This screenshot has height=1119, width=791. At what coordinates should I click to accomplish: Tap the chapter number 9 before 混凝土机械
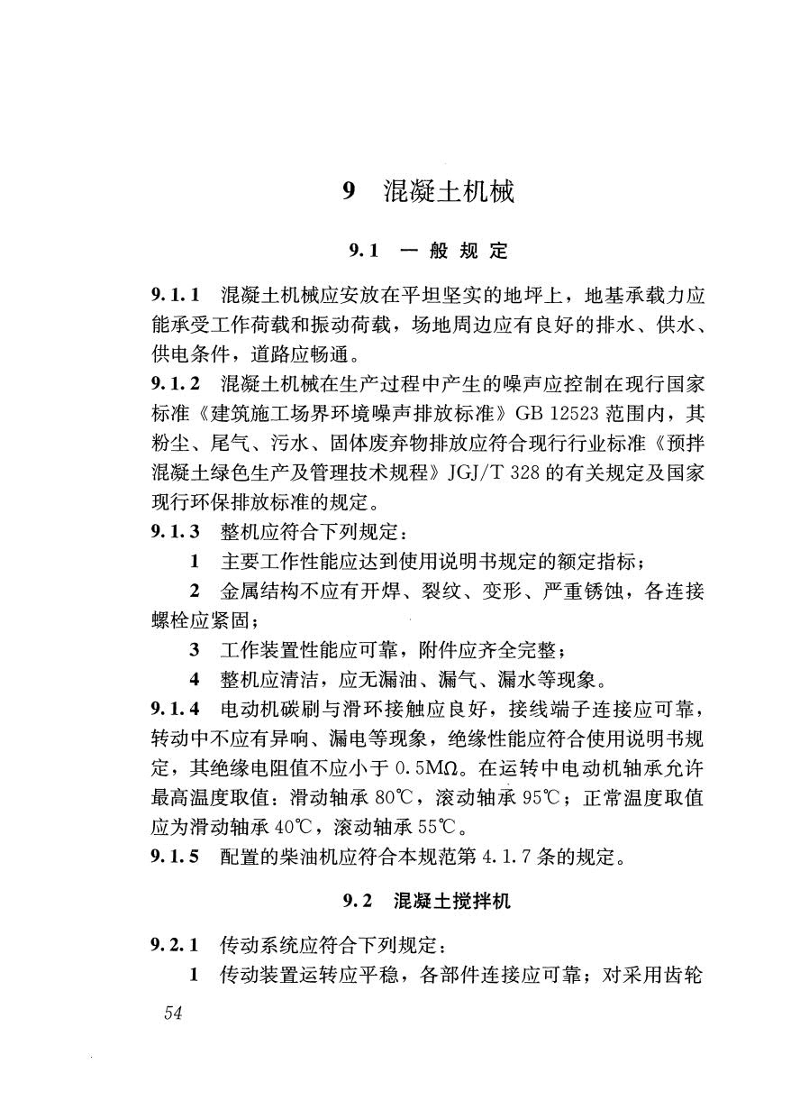350,192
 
